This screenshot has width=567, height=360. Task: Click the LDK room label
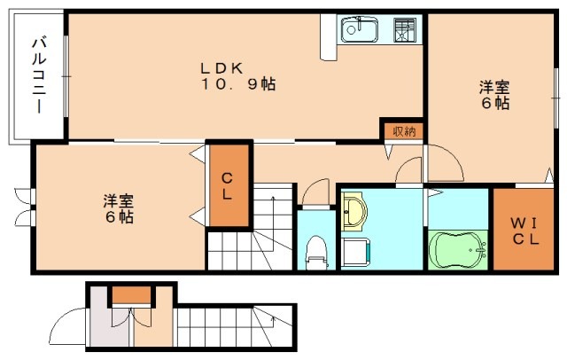227,67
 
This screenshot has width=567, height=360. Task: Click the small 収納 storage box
403,130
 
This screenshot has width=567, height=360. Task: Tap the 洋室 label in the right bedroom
494,87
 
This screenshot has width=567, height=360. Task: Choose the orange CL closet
228,184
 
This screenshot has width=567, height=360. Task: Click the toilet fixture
315,251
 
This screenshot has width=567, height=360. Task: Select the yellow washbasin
356,211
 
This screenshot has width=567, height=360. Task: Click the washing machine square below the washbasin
356,251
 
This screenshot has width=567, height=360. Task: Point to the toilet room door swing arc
314,192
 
